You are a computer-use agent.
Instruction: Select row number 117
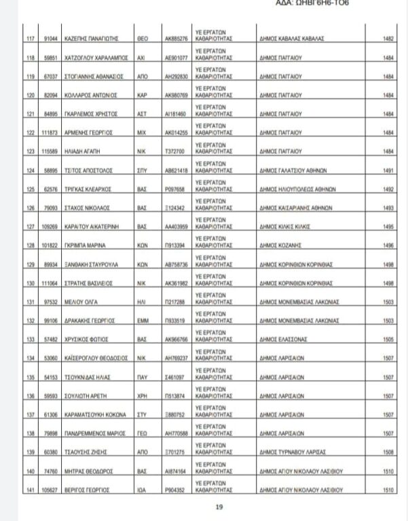pyautogui.click(x=29, y=40)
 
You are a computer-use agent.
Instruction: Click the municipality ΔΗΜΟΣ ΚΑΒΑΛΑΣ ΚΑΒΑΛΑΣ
pyautogui.click(x=291, y=40)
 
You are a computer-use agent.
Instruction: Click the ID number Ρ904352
pyautogui.click(x=174, y=489)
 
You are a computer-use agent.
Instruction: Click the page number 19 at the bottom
pyautogui.click(x=219, y=506)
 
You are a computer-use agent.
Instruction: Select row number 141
pyautogui.click(x=29, y=489)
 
